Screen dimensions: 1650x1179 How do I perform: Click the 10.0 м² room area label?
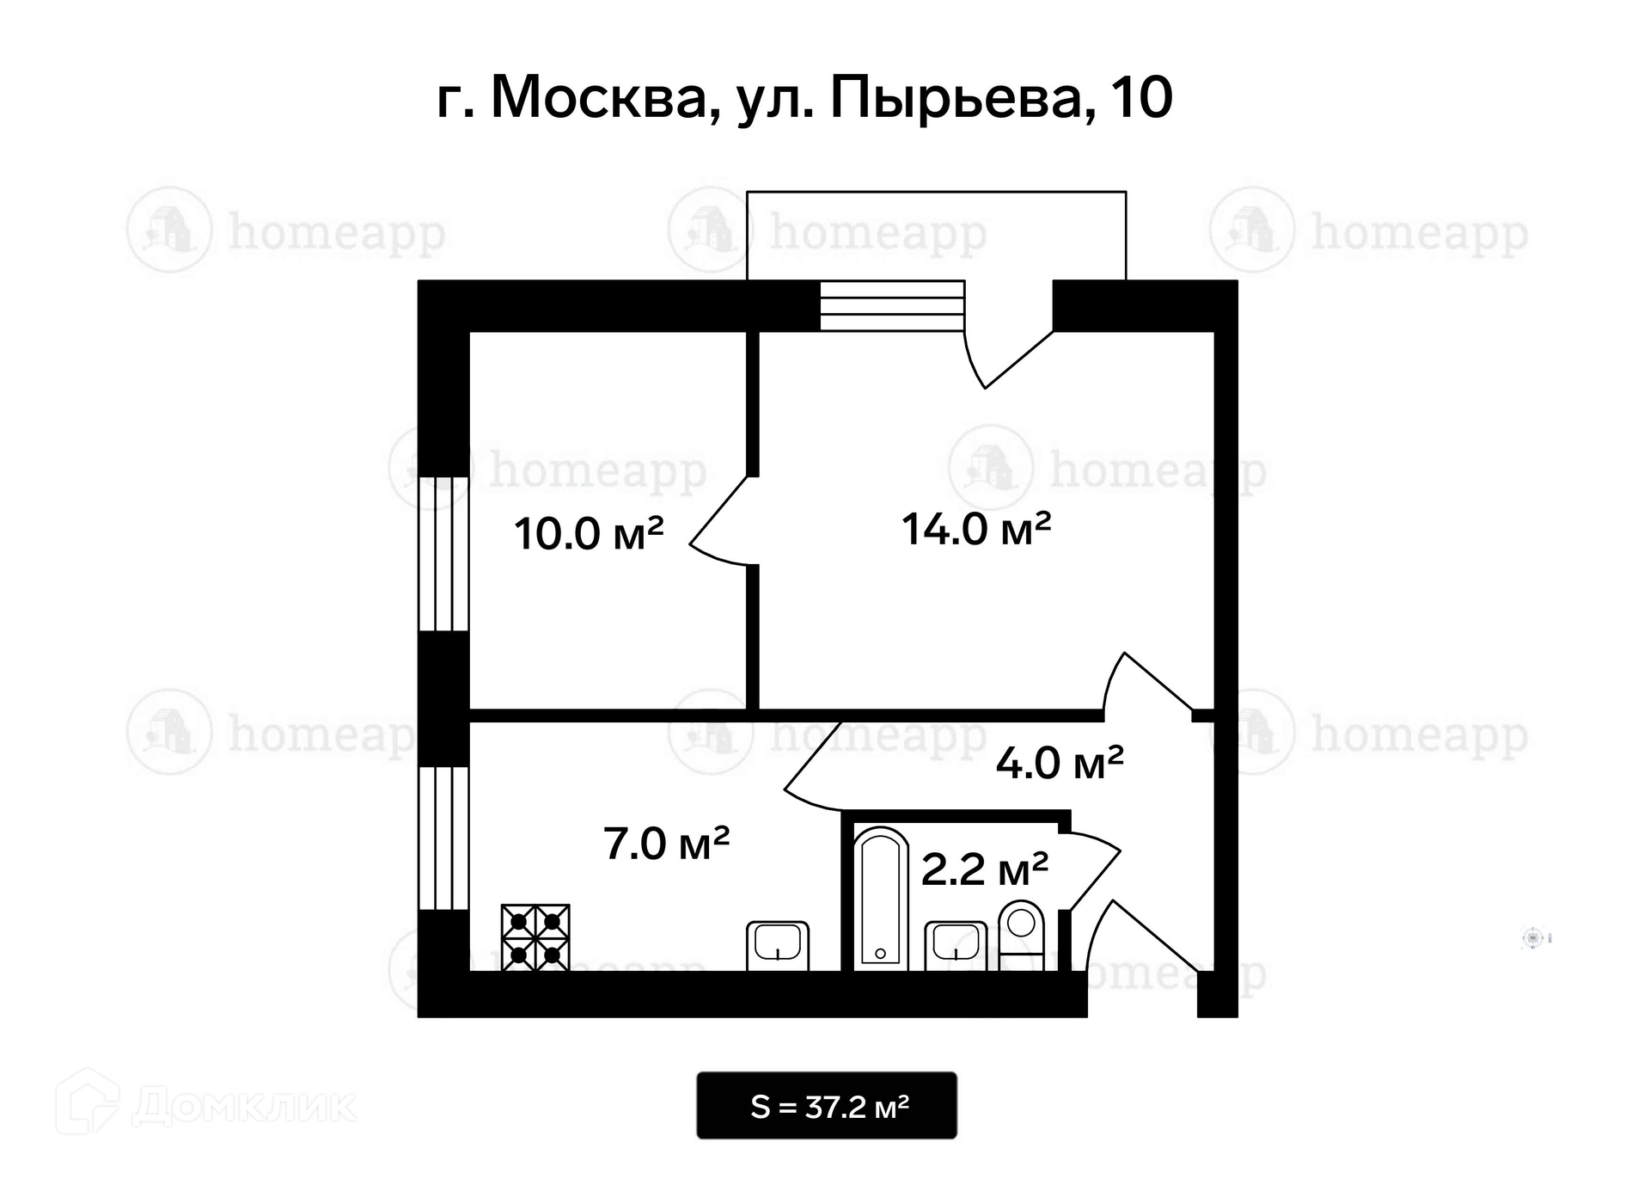point(589,533)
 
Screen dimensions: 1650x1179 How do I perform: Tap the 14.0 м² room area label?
point(976,528)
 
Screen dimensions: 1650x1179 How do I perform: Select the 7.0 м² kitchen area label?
point(666,843)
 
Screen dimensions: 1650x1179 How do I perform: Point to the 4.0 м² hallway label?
point(1060,762)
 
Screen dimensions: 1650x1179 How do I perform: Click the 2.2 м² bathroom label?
point(984,869)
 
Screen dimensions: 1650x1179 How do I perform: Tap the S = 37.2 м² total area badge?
point(827,1106)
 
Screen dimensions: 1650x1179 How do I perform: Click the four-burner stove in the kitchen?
point(535,937)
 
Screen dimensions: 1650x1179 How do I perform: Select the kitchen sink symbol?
point(778,946)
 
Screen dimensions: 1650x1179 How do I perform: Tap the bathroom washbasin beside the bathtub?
point(956,946)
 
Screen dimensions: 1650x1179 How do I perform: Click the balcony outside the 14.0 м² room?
point(936,234)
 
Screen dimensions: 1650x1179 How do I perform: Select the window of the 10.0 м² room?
point(443,554)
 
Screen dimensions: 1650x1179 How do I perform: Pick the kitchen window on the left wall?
point(443,838)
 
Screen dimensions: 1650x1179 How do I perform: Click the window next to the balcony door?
point(892,305)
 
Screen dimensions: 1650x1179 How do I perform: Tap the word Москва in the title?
point(605,99)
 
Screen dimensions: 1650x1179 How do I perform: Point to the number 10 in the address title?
point(1141,97)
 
